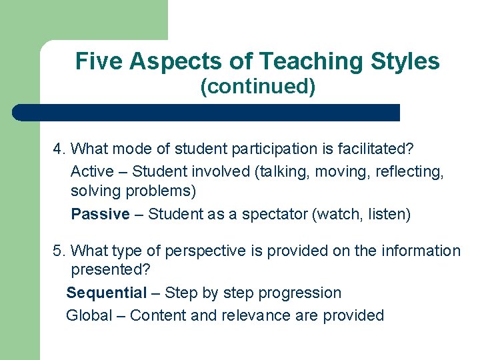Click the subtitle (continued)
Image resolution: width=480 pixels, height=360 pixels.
[258, 87]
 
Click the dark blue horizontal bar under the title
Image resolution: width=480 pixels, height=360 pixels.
[207, 113]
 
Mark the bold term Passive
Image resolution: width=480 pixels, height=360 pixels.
[100, 214]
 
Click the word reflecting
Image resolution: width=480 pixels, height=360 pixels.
[409, 171]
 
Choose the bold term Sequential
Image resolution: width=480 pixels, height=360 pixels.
[106, 293]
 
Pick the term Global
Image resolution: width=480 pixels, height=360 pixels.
[89, 315]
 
